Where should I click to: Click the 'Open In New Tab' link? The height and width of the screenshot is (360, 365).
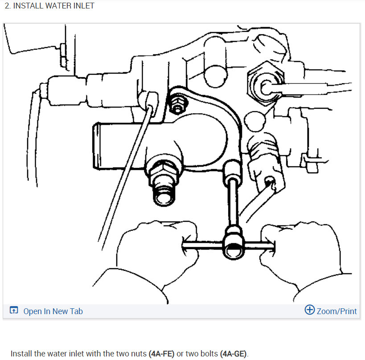pyautogui.click(x=53, y=311)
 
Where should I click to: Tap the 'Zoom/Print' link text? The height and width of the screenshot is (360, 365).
pyautogui.click(x=336, y=311)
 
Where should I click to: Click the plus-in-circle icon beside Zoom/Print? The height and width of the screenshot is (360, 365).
pyautogui.click(x=310, y=310)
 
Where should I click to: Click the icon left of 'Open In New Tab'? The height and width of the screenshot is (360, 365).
pyautogui.click(x=14, y=310)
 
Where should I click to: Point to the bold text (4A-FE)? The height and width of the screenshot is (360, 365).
pyautogui.click(x=161, y=354)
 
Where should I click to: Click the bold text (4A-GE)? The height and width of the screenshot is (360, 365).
pyautogui.click(x=233, y=354)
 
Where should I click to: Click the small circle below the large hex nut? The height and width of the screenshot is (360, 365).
pyautogui.click(x=254, y=122)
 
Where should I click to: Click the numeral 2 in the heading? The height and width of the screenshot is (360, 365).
pyautogui.click(x=7, y=6)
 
